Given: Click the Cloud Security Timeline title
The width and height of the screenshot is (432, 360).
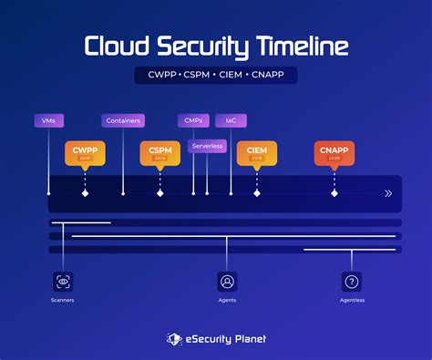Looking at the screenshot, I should coord(215,46).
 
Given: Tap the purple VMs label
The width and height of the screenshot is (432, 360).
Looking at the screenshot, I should coord(48,120).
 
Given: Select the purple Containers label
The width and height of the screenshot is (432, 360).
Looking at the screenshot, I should coord(122,120).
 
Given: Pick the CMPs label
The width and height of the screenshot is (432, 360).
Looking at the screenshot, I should coord(193,120).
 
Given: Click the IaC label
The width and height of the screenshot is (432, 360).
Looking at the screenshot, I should coord(231,120).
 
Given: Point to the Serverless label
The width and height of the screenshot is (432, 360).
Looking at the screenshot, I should coord(207,146).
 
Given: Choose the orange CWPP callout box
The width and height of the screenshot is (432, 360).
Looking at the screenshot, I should coord(85,153).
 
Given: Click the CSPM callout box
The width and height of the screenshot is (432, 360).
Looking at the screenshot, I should coord(159,153).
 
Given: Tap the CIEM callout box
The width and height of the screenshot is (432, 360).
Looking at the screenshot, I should coord(256,153).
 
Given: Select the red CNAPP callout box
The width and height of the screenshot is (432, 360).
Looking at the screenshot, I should coord(334,153).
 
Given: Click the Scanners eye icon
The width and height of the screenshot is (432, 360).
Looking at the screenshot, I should coord(62,282).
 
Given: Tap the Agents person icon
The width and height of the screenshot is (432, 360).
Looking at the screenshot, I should coord(227,282).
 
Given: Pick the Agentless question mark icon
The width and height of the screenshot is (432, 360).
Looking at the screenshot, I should coord(352,282).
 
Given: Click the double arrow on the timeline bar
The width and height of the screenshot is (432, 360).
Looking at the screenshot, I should coord(388,193).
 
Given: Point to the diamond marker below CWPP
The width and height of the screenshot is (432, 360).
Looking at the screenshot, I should coord(85,193).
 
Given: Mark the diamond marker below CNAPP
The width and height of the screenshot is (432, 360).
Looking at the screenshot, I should coord(334,193).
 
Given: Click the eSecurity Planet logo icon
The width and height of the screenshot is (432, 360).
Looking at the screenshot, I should coord(174,338).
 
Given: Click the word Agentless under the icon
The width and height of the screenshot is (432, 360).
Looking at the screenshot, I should coord(352,300).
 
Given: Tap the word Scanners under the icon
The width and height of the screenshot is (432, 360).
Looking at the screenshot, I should coord(62,300).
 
